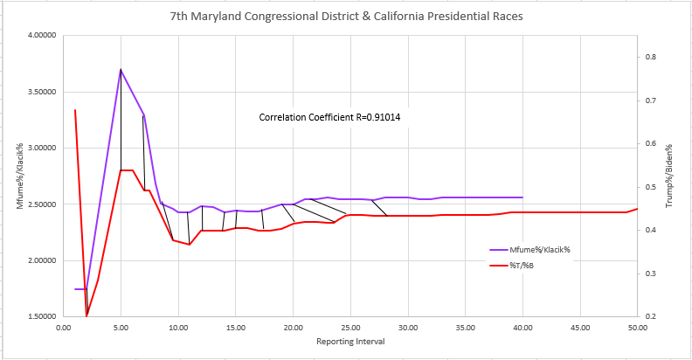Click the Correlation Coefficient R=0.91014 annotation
coord(336,116)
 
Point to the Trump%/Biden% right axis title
coord(668,177)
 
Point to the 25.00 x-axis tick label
coord(350,329)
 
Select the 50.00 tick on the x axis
coord(638,329)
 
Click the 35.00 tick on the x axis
coord(466,329)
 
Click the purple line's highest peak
coord(121,69)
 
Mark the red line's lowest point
coord(86,316)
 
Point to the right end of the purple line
coord(522,197)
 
